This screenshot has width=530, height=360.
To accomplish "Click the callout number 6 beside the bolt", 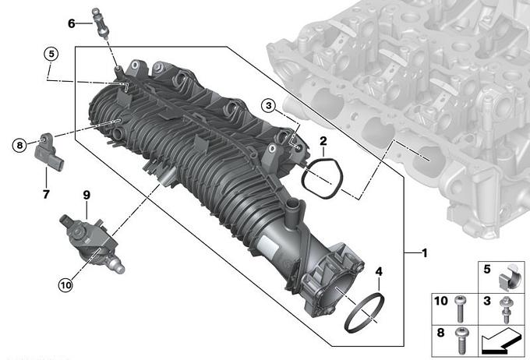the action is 72,23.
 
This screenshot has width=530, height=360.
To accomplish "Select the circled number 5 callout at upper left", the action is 51,54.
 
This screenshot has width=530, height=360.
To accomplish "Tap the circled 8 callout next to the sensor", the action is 19,146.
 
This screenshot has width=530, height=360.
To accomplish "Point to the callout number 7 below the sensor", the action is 46,194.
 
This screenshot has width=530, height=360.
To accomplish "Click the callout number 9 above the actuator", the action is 87,195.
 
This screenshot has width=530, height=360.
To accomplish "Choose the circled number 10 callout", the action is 65,285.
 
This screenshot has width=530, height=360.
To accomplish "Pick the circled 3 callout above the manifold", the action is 269,106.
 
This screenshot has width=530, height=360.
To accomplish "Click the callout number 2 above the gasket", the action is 323,141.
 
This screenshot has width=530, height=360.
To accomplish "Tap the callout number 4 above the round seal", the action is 379,271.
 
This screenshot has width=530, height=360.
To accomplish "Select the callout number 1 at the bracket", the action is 425,252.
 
